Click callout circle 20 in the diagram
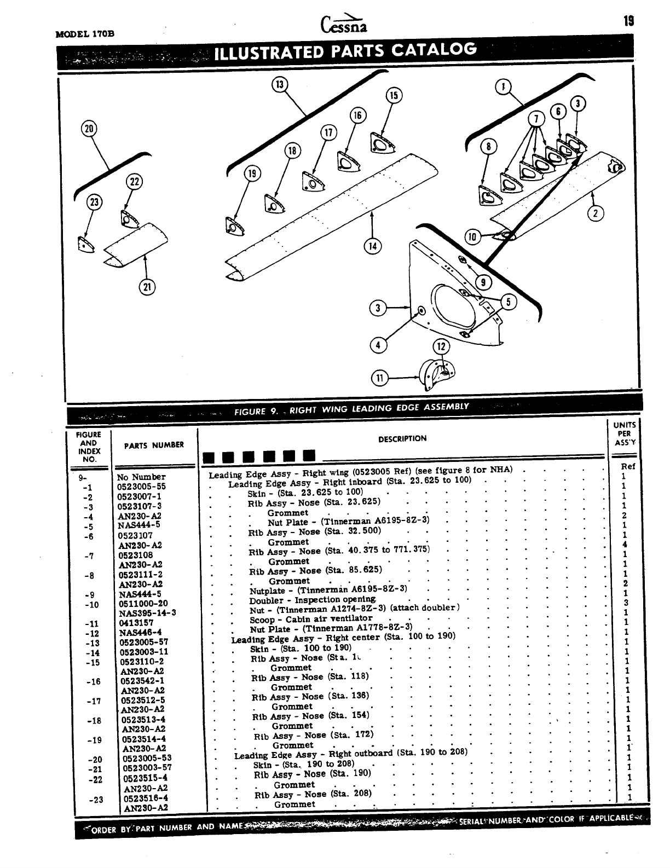pos(89,129)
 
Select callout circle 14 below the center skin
pos(372,246)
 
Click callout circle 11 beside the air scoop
pos(380,378)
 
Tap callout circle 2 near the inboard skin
pos(595,213)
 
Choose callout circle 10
pos(472,236)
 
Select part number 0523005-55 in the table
pos(141,487)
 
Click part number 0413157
pos(136,623)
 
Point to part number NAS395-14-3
pos(147,613)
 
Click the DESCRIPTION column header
pos(402,438)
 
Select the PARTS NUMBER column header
pos(154,445)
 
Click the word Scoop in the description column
pos(262,620)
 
